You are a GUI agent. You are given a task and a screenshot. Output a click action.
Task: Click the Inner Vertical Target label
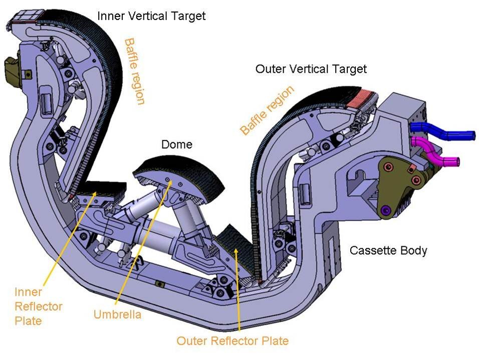point(151,16)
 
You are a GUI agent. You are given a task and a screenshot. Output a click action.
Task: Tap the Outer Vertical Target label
point(311,69)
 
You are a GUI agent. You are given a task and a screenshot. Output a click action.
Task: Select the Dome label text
point(176,145)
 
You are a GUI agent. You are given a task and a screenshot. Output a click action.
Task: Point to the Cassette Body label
point(388,250)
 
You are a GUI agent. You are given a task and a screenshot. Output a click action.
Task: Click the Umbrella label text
point(117,315)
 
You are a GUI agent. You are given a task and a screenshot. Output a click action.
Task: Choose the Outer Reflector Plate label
point(232,341)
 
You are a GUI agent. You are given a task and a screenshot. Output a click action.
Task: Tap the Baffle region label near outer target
point(266,110)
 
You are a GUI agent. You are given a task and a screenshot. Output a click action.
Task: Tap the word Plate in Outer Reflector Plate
point(273,341)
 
